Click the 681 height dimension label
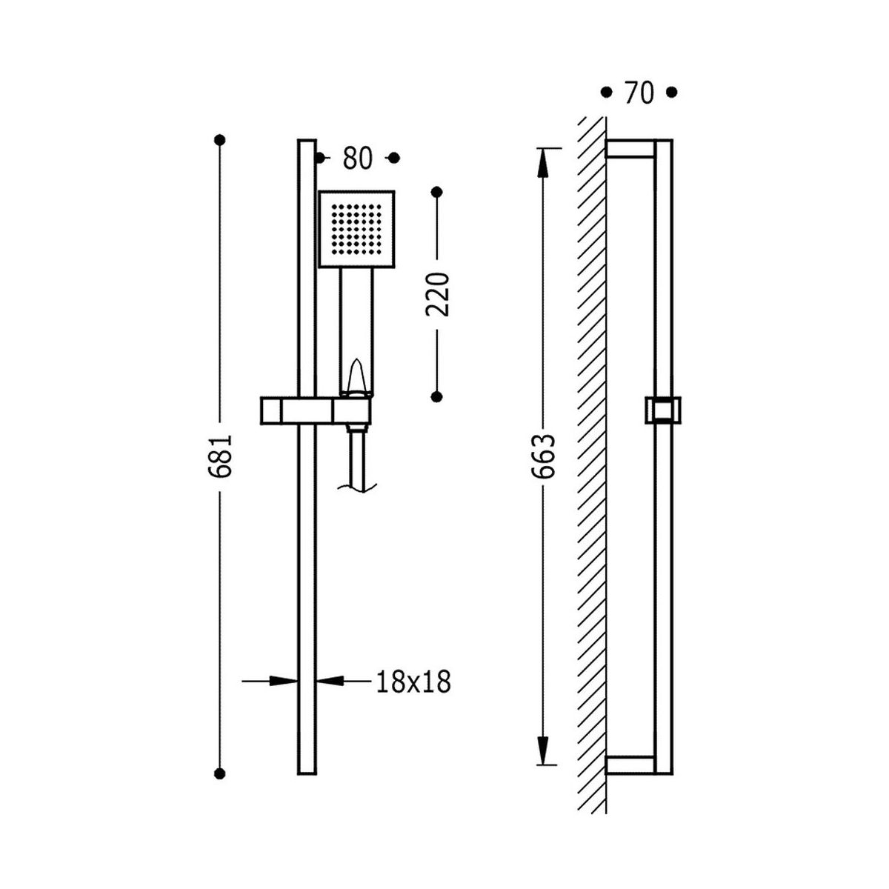point(219,456)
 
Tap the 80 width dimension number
point(357,159)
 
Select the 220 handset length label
point(436,294)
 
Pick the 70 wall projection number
point(639,93)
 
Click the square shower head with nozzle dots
point(356,229)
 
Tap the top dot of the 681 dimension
point(219,139)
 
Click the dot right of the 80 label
point(393,159)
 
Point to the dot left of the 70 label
point(606,93)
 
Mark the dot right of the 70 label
point(672,93)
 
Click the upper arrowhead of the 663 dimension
point(542,163)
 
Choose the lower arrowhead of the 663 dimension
point(542,750)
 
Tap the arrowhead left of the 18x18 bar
point(283,681)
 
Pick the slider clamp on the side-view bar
point(663,410)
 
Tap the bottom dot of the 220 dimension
point(436,396)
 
